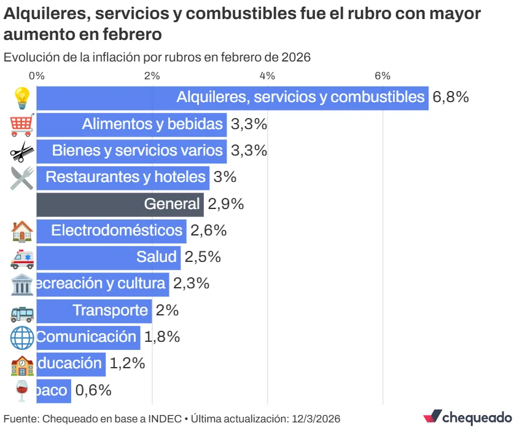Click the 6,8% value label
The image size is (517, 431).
451,97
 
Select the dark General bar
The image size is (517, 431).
120,204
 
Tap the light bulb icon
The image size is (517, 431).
22,98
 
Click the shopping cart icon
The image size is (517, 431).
22,125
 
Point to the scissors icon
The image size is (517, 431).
22,151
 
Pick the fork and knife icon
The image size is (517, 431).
22,178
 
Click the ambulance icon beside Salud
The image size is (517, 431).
22,258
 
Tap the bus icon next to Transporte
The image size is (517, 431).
22,311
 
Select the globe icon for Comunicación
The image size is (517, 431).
22,337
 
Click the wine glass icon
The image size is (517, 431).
22,390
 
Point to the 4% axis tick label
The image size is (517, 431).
267,76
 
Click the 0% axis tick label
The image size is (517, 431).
37,76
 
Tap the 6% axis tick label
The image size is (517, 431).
383,76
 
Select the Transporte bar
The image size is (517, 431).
94,310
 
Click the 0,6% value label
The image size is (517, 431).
93,390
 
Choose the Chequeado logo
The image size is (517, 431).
467,417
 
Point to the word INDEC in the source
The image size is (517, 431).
165,419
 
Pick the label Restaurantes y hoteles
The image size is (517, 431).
125,177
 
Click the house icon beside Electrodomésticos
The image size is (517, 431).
22,231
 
